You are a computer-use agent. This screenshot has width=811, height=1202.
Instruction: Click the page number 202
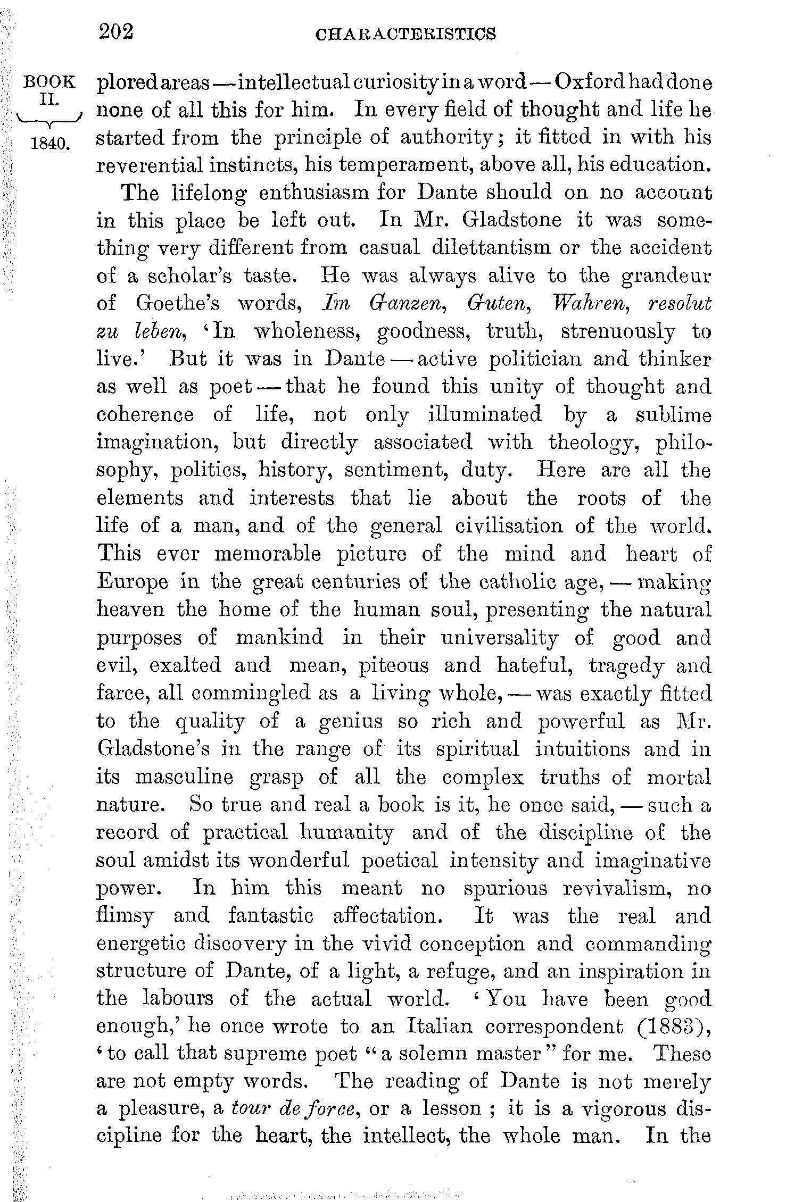[115, 33]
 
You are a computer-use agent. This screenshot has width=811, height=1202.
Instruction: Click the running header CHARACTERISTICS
[405, 35]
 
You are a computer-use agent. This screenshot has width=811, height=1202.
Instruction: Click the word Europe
[133, 581]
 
